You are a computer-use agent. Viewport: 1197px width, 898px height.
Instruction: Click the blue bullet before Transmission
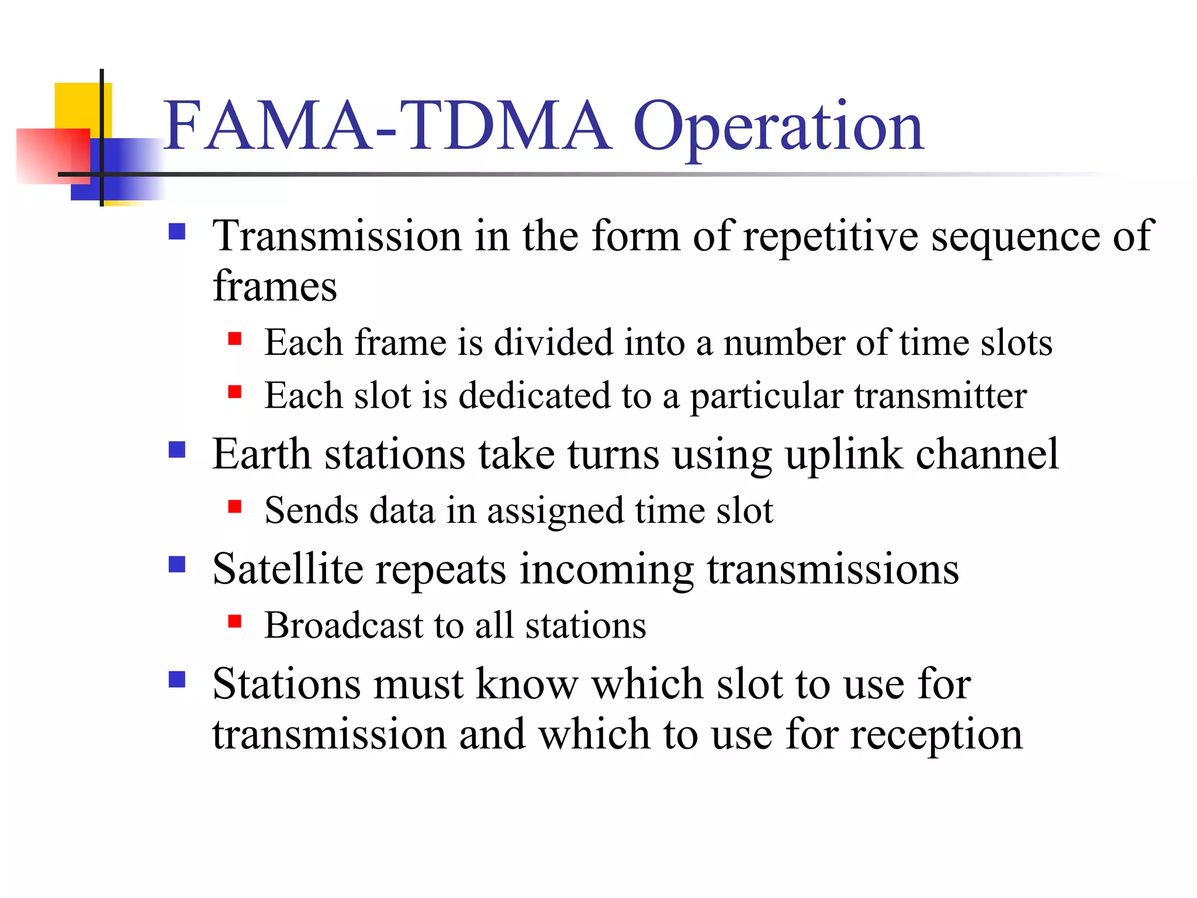(177, 232)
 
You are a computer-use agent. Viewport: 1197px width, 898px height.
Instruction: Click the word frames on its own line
(275, 286)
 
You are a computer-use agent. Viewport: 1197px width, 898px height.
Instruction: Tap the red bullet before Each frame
(235, 339)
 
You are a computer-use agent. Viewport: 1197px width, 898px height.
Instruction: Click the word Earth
(261, 454)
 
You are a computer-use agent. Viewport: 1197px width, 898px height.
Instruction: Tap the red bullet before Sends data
(235, 506)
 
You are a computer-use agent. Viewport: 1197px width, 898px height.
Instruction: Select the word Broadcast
(343, 626)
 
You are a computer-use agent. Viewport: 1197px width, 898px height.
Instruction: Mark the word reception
(936, 735)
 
